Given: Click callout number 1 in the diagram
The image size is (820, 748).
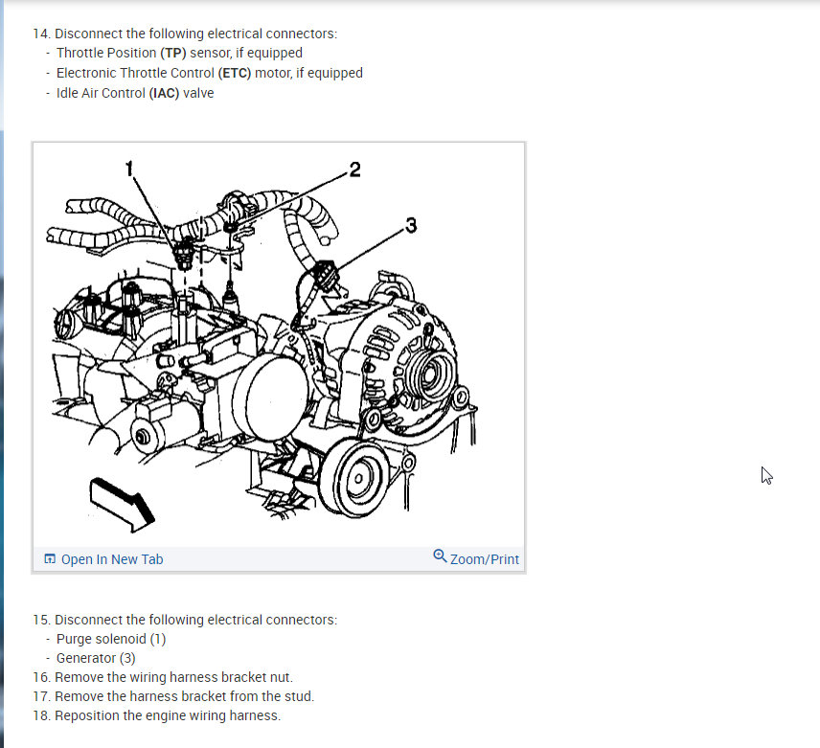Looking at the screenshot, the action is (129, 169).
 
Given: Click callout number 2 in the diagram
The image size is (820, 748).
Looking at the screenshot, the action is (355, 170).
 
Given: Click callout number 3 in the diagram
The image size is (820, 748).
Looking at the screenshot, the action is (412, 225).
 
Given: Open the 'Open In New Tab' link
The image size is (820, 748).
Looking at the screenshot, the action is (112, 559).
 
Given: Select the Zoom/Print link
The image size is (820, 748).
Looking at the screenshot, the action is (485, 559).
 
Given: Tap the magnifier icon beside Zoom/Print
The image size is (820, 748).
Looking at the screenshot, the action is (440, 555).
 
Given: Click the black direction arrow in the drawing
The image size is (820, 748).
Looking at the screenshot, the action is (122, 504).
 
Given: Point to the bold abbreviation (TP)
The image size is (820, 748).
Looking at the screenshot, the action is (173, 53).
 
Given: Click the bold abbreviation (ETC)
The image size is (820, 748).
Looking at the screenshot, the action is (235, 73).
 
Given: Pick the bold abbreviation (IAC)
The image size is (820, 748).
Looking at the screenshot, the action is (164, 93).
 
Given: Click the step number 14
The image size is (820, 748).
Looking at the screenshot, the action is (42, 34).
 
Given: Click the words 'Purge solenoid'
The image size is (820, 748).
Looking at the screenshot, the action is (102, 639).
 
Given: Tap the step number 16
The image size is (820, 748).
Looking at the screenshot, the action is (42, 677).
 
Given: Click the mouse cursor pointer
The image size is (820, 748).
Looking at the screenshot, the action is (766, 476).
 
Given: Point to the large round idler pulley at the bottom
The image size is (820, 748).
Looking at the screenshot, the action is (355, 477).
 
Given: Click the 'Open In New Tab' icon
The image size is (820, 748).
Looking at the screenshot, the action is (50, 558).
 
